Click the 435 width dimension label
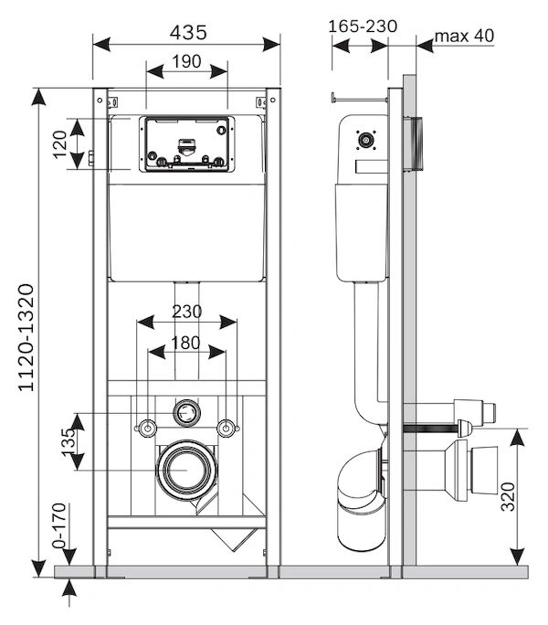pyautogui.click(x=188, y=33)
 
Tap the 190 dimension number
pyautogui.click(x=186, y=62)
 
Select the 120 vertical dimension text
pyautogui.click(x=60, y=143)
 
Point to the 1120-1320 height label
pyautogui.click(x=26, y=337)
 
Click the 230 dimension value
pyautogui.click(x=187, y=312)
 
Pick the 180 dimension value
pyautogui.click(x=185, y=343)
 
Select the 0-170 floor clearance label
pyautogui.click(x=59, y=525)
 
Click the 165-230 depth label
pyautogui.click(x=363, y=26)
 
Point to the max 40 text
pyautogui.click(x=464, y=36)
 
